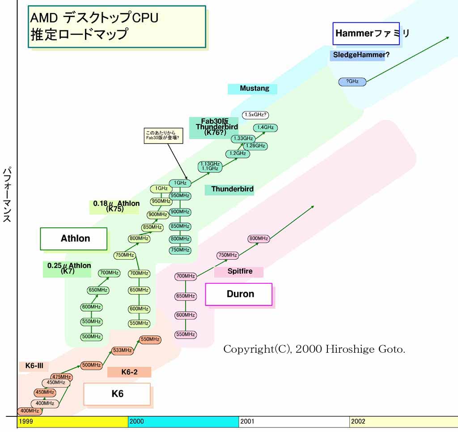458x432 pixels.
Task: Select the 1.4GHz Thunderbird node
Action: pos(265,128)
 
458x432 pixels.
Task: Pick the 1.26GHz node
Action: pos(255,146)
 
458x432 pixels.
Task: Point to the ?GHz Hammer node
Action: pos(352,81)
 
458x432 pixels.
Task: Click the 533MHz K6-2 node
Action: pos(122,350)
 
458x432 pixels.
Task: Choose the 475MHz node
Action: pos(61,377)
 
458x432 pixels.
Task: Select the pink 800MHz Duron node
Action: pos(259,239)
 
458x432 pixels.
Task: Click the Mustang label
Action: pos(252,89)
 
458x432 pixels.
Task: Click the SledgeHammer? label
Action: pos(360,55)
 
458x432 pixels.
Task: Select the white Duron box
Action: pos(238,294)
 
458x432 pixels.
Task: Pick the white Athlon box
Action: pos(74,239)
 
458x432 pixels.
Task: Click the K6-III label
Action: pos(34,366)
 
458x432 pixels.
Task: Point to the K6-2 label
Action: pos(129,372)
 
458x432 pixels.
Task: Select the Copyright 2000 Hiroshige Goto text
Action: pos(314,349)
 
